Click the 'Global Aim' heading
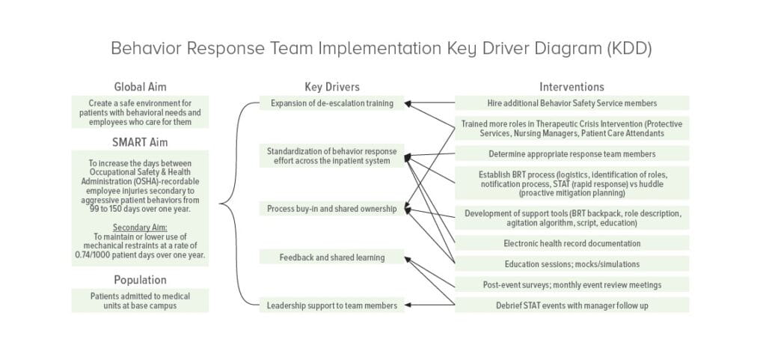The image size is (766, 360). pyautogui.click(x=140, y=87)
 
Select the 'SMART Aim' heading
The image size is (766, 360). pyautogui.click(x=140, y=141)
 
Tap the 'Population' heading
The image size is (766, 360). pyautogui.click(x=140, y=280)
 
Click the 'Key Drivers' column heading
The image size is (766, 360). pyautogui.click(x=331, y=87)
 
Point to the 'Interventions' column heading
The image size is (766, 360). pyautogui.click(x=572, y=87)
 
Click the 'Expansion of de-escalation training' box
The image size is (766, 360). pyautogui.click(x=331, y=103)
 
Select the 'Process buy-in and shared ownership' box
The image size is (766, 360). pyautogui.click(x=331, y=209)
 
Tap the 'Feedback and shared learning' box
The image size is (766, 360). pyautogui.click(x=331, y=257)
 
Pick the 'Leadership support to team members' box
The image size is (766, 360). pyautogui.click(x=331, y=305)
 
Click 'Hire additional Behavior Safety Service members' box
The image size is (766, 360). pyautogui.click(x=572, y=103)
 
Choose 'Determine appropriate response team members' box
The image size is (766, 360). pyautogui.click(x=572, y=154)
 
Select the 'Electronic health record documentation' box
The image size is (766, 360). pyautogui.click(x=572, y=243)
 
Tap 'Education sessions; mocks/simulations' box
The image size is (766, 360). pyautogui.click(x=572, y=263)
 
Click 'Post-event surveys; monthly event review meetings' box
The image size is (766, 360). pyautogui.click(x=572, y=284)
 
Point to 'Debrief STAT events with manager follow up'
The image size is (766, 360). pyautogui.click(x=572, y=305)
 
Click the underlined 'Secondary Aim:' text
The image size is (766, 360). pyautogui.click(x=140, y=227)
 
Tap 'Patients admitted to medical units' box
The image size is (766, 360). pyautogui.click(x=140, y=301)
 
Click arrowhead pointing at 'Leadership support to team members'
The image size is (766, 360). pyautogui.click(x=409, y=305)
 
